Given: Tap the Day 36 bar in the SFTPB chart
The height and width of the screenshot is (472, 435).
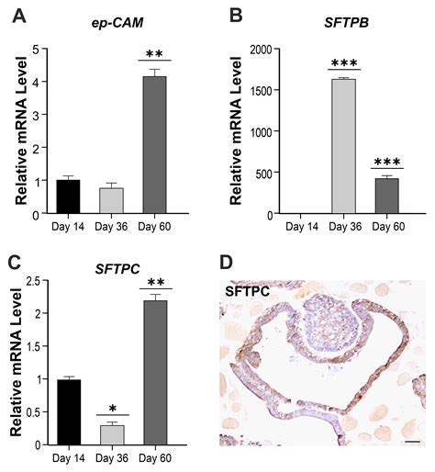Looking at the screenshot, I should (x=344, y=147).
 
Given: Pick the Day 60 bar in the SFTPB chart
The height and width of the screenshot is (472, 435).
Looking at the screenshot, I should (x=386, y=196).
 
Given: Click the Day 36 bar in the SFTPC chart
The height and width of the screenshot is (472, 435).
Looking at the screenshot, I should (x=111, y=434).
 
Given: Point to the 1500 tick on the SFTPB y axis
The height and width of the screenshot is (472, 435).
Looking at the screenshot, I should (x=267, y=90).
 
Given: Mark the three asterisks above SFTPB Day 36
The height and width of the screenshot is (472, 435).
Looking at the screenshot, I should (x=344, y=61).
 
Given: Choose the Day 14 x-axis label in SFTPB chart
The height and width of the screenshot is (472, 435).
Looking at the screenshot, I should (x=302, y=226).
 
